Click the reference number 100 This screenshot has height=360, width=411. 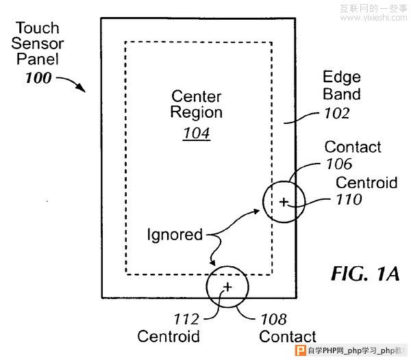tap(38, 77)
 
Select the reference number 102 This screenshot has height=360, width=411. tap(336, 112)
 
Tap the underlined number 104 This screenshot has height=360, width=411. tap(196, 133)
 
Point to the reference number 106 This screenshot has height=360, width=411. tap(338, 164)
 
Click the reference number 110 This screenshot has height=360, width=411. tap(349, 200)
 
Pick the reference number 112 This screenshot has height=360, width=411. tap(186, 319)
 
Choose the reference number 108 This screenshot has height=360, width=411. tap(273, 319)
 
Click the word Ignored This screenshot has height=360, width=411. tap(175, 235)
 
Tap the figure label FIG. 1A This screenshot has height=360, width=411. tap(364, 274)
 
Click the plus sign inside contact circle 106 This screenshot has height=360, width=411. tap(284, 202)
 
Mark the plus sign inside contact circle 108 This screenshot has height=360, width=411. tap(227, 285)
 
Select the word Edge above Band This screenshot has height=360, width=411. tap(342, 77)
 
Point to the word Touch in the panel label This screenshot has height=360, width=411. tap(37, 28)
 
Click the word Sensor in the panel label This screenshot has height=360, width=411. tap(37, 44)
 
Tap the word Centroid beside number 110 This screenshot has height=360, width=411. tap(366, 183)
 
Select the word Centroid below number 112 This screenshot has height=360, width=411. tap(169, 336)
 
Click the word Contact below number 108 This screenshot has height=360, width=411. tap(288, 336)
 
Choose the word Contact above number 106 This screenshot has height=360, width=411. tap(353, 146)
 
